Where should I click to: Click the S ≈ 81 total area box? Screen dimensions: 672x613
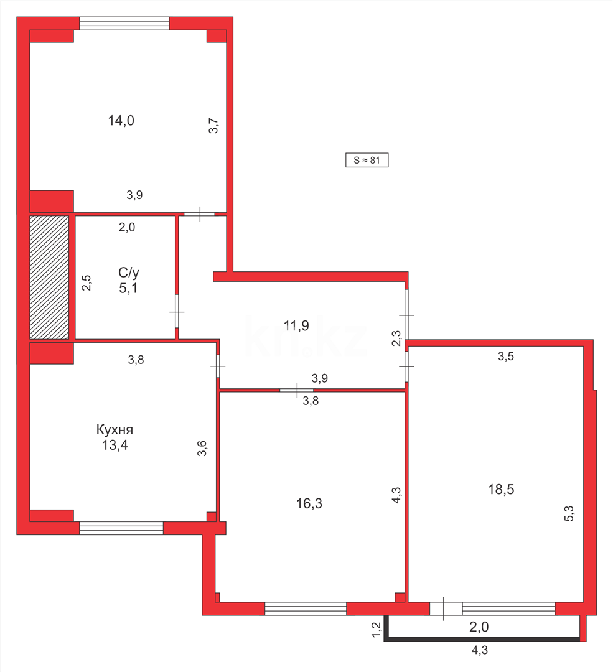tap(367, 160)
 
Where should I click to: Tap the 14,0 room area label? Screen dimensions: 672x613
tap(121, 121)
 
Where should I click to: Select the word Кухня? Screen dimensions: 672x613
tap(115, 429)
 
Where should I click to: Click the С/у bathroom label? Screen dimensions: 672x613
tap(129, 272)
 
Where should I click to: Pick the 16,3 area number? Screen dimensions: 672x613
tap(309, 503)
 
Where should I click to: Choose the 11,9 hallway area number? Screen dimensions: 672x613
tap(296, 325)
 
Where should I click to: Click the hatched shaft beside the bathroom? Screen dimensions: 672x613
tap(49, 278)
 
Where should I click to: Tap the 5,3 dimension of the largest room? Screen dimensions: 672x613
tap(568, 514)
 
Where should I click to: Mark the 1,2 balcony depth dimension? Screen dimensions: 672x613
tap(376, 630)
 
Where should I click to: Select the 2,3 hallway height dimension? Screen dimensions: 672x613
tap(396, 339)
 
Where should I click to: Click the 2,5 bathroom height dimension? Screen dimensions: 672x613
tap(87, 283)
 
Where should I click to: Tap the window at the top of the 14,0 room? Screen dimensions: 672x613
tap(124, 24)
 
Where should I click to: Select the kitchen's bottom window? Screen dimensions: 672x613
tap(121, 528)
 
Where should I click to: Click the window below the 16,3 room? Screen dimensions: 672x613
tap(306, 609)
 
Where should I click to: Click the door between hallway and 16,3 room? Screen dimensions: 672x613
tap(296, 390)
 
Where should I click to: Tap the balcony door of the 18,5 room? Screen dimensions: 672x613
tap(446, 609)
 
